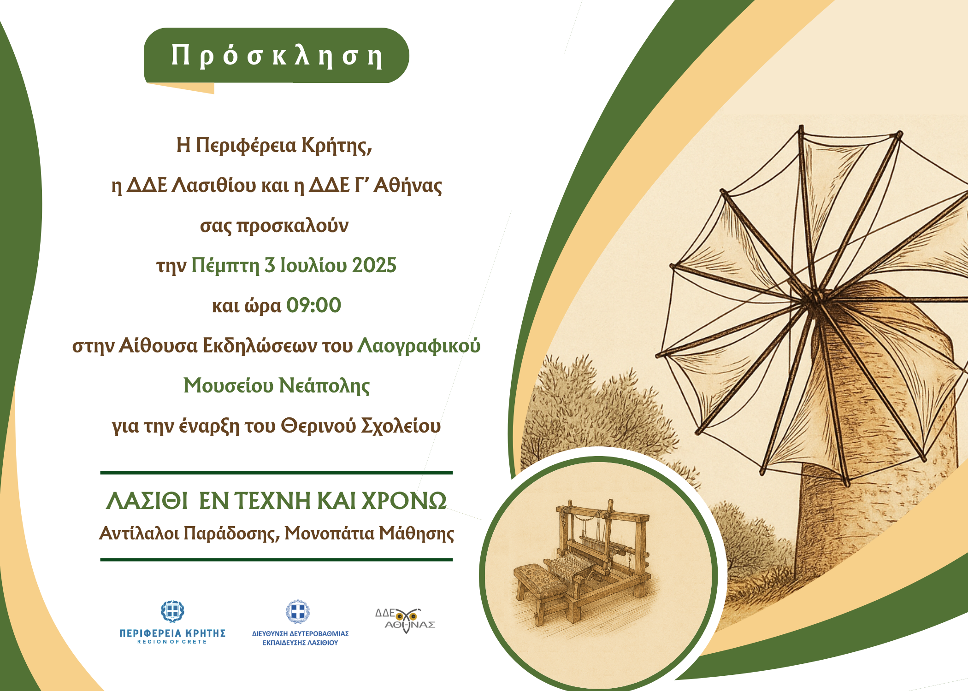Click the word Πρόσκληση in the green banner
point(277,56)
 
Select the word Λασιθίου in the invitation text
point(214,185)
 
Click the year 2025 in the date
point(374,266)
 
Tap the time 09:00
point(313,305)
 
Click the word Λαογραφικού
point(419,346)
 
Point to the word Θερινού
point(319,426)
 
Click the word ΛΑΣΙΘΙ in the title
point(147,501)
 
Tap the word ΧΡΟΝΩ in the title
point(404,501)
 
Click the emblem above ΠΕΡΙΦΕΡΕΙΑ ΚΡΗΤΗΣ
point(172,612)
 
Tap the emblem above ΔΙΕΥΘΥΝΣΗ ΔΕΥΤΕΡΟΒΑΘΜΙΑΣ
point(298,612)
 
